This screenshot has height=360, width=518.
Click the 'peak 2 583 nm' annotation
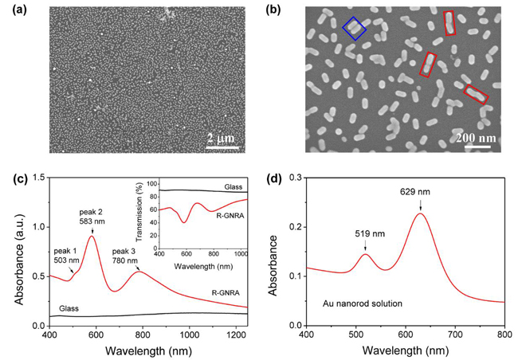tap(92, 216)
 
